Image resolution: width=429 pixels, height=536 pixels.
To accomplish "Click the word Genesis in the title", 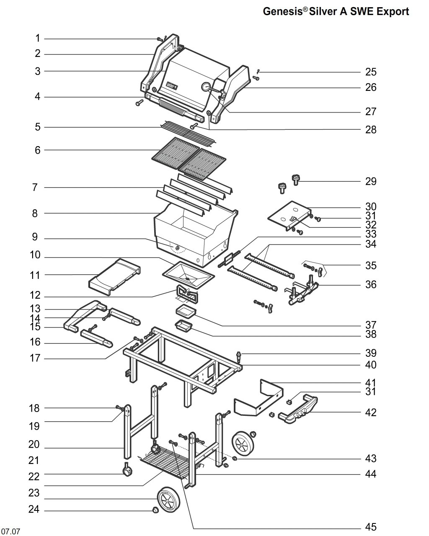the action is pyautogui.click(x=283, y=11).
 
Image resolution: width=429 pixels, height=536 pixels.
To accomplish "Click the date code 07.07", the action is pyautogui.click(x=10, y=531).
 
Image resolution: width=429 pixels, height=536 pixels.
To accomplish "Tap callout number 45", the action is pyautogui.click(x=371, y=527).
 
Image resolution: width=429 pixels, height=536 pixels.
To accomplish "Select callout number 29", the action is pyautogui.click(x=371, y=181).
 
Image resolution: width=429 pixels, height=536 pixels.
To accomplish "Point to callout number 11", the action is pyautogui.click(x=35, y=275).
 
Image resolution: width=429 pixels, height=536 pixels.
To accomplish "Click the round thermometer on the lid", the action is pyautogui.click(x=206, y=87).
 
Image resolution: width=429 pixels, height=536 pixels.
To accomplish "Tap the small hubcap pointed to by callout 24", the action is pyautogui.click(x=155, y=510).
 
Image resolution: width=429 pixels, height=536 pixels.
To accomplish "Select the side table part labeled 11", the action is pyautogui.click(x=114, y=277).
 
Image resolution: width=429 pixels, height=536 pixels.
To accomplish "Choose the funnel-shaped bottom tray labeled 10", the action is pyautogui.click(x=189, y=275).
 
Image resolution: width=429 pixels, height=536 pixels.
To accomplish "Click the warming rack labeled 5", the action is pyautogui.click(x=188, y=133).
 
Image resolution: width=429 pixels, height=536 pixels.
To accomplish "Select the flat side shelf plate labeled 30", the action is pyautogui.click(x=289, y=215).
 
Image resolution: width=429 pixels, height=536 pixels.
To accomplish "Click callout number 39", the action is pyautogui.click(x=371, y=353).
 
